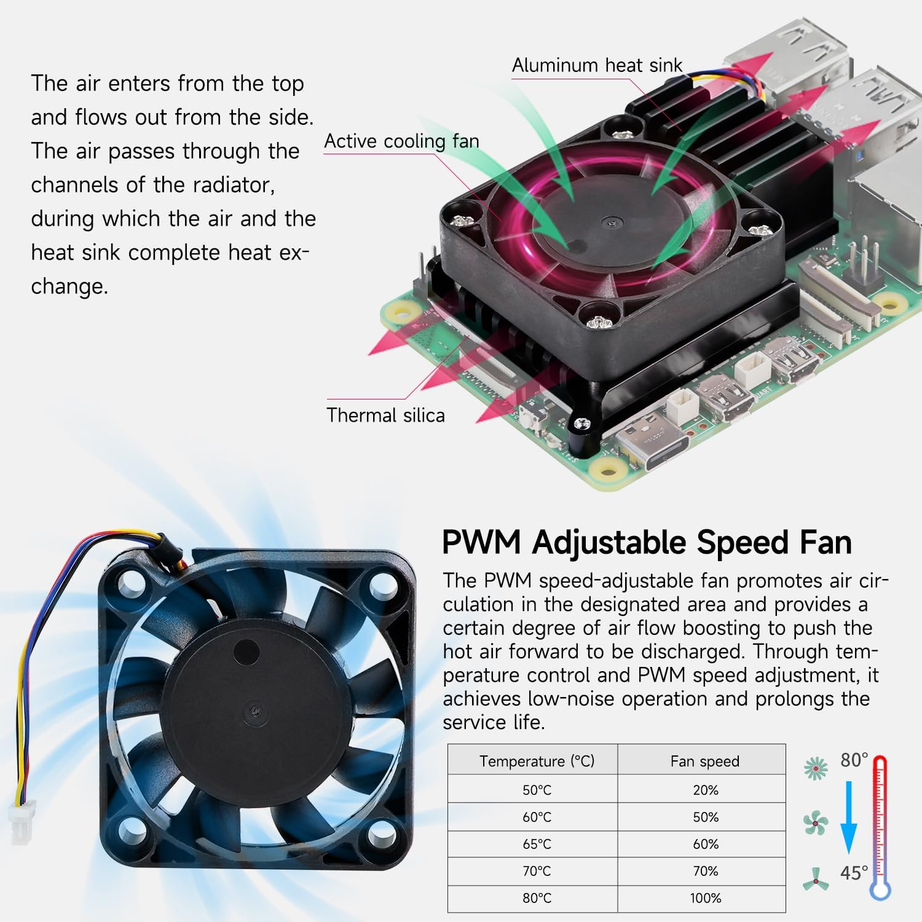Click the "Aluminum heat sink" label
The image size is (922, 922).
point(597,65)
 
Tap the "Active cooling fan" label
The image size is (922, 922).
point(401,141)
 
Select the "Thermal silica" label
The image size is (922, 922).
point(385,415)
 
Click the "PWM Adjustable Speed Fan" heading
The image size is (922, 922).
point(647,542)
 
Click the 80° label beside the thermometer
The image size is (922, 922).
point(854,760)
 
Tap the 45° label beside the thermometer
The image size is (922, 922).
point(854,872)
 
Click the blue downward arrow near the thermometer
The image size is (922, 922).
point(849,817)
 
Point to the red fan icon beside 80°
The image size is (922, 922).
point(816,767)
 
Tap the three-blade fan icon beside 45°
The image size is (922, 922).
point(816,879)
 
